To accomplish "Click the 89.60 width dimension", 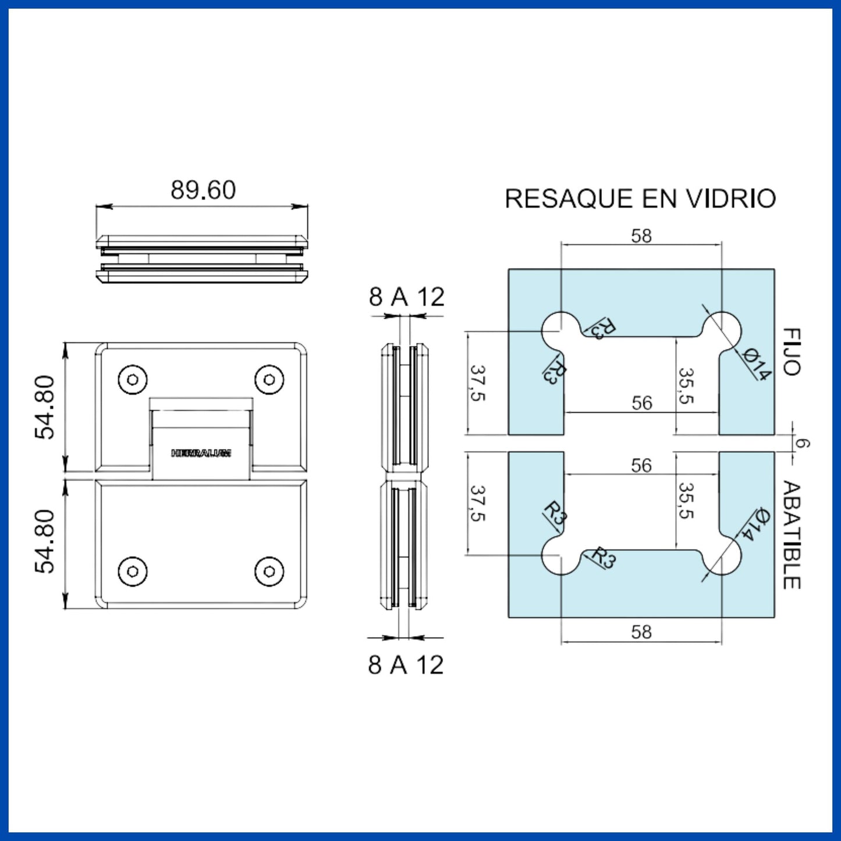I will [x=203, y=190].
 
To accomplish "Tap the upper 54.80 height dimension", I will [x=45, y=407].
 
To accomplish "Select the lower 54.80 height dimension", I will [x=45, y=541].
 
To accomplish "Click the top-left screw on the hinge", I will [x=133, y=380].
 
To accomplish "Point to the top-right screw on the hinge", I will [x=269, y=380].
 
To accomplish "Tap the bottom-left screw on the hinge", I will [x=133, y=572].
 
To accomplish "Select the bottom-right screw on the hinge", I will [x=269, y=572].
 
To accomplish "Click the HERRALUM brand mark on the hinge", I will [x=201, y=453].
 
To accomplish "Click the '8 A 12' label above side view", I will [x=406, y=297].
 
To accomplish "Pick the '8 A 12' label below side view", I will [x=406, y=665].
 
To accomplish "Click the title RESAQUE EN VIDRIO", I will [x=640, y=199].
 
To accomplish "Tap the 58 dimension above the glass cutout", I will [x=641, y=236].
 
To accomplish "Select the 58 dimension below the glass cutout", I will [x=641, y=632].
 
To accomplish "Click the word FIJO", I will [x=792, y=352].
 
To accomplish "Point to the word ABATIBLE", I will [x=792, y=535].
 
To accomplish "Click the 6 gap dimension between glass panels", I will [x=802, y=443].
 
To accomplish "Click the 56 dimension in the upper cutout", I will [x=642, y=403].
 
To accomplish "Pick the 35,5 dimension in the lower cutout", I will [x=686, y=501].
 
